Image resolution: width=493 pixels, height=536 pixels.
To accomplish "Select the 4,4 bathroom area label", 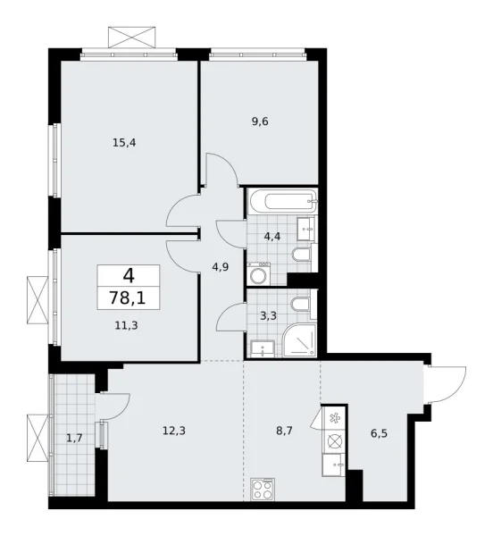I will [272, 237].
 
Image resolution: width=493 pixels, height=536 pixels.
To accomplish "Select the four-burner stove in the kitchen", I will [265, 488].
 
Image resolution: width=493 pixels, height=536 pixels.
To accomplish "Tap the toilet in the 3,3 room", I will [304, 309].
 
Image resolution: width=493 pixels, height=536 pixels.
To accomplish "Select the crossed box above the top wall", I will [130, 38].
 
